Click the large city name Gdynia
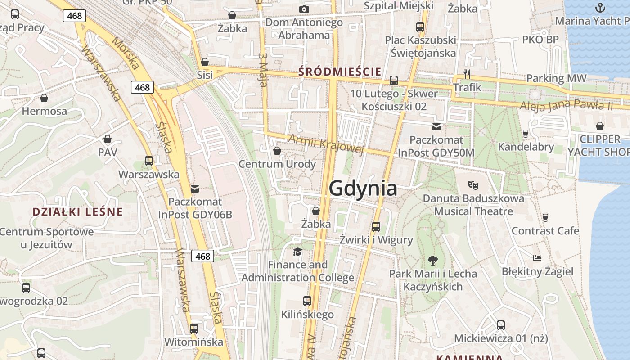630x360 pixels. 363,188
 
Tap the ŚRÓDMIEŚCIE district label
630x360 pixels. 340,72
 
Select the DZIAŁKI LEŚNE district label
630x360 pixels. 77,212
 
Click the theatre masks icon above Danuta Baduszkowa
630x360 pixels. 473,184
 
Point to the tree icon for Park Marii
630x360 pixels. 432,260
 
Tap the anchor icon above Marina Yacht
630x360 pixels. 600,8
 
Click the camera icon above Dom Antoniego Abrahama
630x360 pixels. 304,9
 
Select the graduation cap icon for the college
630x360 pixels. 297,251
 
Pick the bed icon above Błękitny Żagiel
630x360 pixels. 537,258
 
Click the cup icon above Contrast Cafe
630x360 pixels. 545,218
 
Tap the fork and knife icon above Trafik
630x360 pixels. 467,74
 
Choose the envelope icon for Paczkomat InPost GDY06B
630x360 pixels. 194,189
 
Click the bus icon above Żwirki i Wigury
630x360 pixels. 376,227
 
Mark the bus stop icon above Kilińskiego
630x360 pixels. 307,301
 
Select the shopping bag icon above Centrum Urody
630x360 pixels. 277,151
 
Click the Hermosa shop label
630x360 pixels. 44,111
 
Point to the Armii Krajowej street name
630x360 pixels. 326,144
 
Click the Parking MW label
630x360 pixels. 556,78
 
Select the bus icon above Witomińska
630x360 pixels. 193,329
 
